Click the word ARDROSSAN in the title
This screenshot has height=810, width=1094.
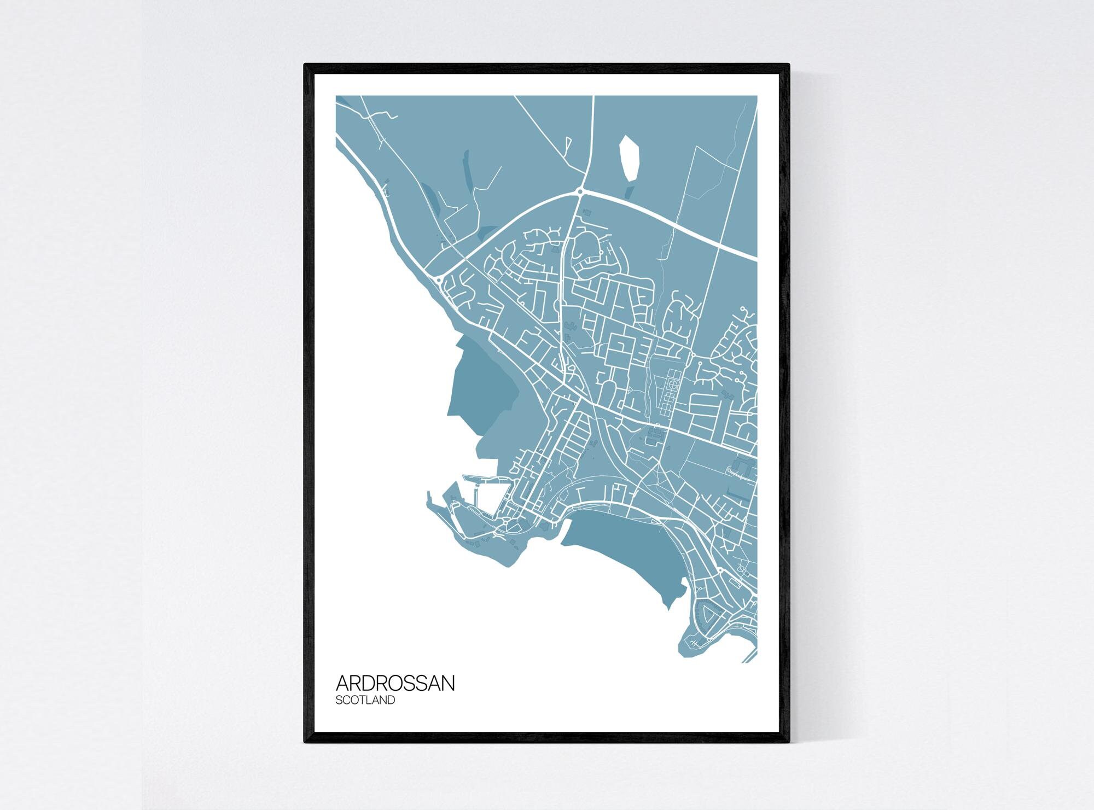click(x=395, y=683)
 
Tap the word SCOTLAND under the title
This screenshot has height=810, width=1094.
click(x=365, y=700)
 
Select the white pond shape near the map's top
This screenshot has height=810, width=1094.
click(x=629, y=159)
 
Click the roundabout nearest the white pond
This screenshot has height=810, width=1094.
click(x=580, y=191)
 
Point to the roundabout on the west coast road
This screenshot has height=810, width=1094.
click(x=439, y=279)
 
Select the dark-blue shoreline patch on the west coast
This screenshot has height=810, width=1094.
click(x=481, y=383)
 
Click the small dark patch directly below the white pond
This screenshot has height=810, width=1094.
click(x=629, y=193)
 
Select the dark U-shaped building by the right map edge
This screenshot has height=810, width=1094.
click(x=744, y=468)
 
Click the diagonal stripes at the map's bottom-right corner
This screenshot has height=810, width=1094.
click(x=750, y=656)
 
